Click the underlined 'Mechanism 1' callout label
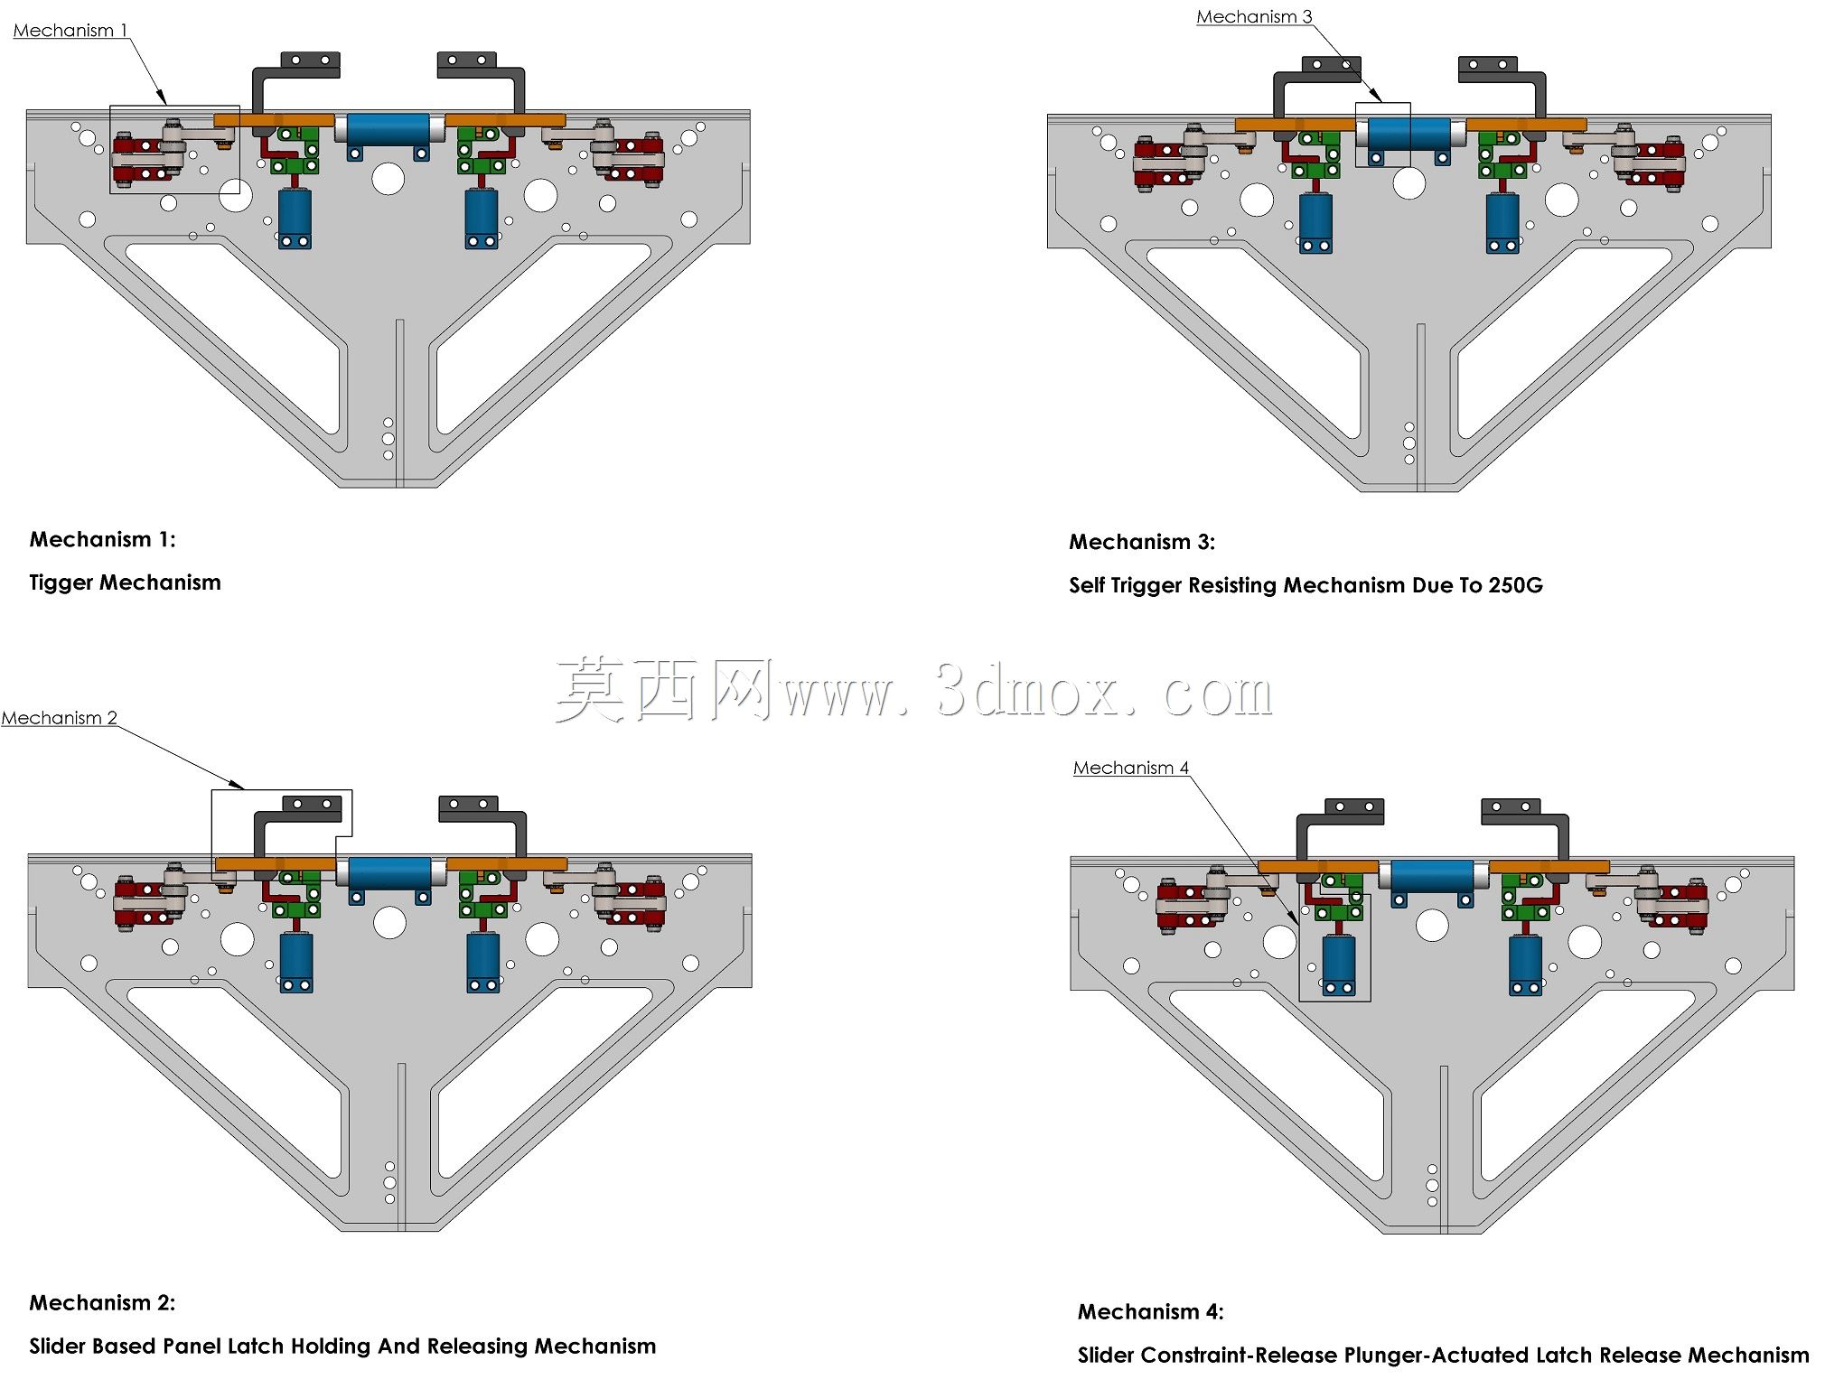click(x=70, y=31)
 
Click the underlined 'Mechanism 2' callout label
click(x=59, y=718)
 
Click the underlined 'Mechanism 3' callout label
click(x=1254, y=17)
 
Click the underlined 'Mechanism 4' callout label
click(x=1130, y=768)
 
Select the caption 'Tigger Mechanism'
click(x=125, y=582)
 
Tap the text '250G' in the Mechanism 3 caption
click(x=1515, y=585)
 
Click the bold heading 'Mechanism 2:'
click(x=102, y=1302)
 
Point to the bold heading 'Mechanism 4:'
click(x=1150, y=1311)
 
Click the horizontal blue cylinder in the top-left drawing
click(x=389, y=128)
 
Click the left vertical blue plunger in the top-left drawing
click(x=295, y=218)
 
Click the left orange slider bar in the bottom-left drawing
click(x=276, y=864)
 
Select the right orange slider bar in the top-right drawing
click(x=1526, y=125)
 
